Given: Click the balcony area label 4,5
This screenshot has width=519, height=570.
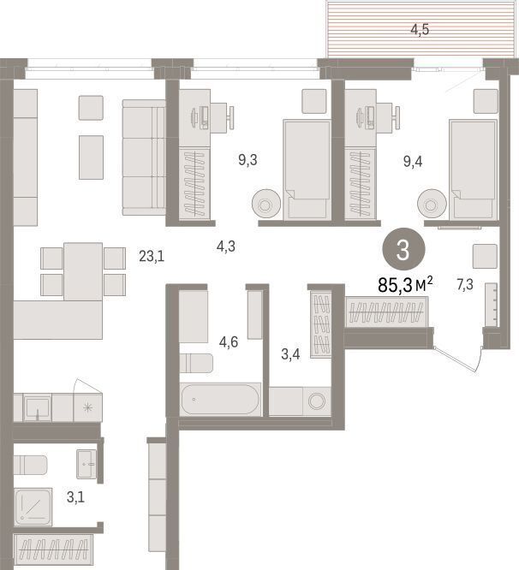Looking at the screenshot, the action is [420, 30].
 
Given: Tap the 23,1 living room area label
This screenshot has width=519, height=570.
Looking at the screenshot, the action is [152, 257].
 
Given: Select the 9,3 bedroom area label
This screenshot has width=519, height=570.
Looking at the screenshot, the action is [248, 160].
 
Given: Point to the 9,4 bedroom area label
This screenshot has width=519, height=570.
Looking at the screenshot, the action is [413, 161].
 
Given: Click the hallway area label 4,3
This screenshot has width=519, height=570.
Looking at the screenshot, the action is [226, 246].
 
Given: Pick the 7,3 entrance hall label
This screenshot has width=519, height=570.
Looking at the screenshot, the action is [465, 285].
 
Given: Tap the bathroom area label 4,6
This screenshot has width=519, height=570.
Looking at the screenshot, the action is [229, 342].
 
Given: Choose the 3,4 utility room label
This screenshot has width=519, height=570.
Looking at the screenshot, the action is [290, 354].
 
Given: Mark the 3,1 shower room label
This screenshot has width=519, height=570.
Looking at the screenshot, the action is [75, 497].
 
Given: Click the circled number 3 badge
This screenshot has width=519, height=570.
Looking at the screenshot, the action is [403, 249].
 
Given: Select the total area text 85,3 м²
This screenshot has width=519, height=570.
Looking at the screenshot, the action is [406, 285].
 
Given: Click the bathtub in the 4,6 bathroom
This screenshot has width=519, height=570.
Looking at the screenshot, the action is [220, 399].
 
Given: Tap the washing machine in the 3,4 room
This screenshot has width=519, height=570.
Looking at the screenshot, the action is [317, 401].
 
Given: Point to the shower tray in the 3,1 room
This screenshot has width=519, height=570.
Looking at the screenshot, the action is [33, 507].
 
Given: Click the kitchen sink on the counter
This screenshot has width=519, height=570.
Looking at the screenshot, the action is [37, 407].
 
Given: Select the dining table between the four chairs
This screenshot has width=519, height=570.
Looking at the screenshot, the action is [83, 271].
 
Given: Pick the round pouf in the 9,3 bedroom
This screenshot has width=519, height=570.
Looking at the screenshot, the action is [265, 205].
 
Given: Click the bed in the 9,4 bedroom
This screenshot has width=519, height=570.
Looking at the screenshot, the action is [473, 169].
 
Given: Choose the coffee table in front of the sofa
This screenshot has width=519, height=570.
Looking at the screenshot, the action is [92, 157].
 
